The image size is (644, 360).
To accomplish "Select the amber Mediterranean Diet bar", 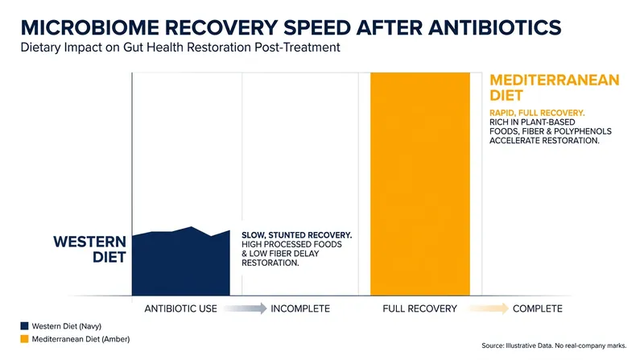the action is coord(420,184).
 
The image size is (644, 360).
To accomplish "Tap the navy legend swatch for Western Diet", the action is coord(25,326).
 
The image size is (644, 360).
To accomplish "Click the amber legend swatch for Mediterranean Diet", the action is coord(25,339).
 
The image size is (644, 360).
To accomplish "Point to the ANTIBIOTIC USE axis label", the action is coord(180,308).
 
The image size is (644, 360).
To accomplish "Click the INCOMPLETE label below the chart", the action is coord(300,308).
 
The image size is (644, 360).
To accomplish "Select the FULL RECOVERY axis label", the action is coord(419,308).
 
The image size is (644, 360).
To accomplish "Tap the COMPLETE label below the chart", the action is coord(538,308).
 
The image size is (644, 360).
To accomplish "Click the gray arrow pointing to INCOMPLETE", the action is coord(246,308).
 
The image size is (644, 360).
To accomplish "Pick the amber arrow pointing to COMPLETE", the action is coord(488,308).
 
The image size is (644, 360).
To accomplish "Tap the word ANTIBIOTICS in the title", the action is coord(494,27).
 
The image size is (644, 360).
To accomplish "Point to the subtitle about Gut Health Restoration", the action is coord(180,48).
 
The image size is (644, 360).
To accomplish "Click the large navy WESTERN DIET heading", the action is coord(89,249).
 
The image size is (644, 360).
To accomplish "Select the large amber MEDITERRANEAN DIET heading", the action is coord(555,88).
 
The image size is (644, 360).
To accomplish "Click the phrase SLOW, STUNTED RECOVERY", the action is coord(296,235).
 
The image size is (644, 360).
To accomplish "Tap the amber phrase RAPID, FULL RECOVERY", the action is coord(537,113).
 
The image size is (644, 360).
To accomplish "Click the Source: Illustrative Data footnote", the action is coord(554,346).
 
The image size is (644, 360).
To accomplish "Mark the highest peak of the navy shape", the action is coord(191,227).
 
